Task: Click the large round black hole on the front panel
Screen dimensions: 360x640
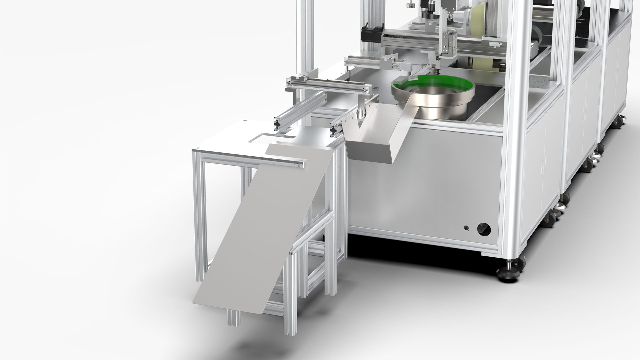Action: click(484, 230)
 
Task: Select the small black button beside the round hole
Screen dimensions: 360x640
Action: click(466, 228)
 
